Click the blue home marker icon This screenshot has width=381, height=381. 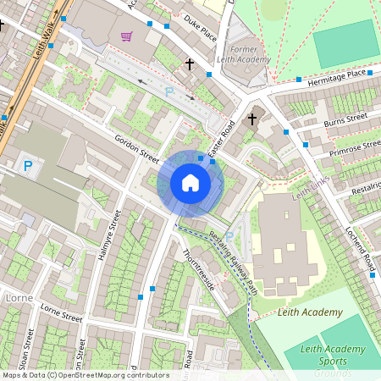pyautogui.click(x=190, y=183)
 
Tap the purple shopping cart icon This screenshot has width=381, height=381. pyautogui.click(x=127, y=36)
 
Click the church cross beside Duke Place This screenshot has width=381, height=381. pyautogui.click(x=190, y=64)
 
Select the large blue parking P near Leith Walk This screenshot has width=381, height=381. pyautogui.click(x=29, y=167)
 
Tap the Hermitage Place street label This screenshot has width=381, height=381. pyautogui.click(x=336, y=75)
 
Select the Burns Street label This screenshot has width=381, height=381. pyautogui.click(x=345, y=121)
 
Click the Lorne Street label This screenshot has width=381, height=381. pyautogui.click(x=61, y=313)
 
